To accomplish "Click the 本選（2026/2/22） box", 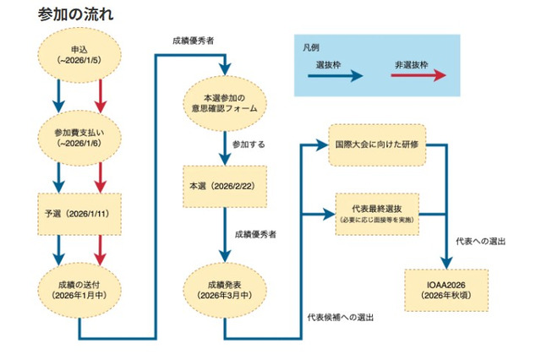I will (224, 183).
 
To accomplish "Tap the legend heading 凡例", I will (311, 48).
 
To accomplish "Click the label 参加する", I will (249, 145).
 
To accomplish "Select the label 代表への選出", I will (479, 241).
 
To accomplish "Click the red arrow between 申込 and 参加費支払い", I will (101, 94).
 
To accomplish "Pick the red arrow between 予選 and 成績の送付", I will (101, 247).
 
